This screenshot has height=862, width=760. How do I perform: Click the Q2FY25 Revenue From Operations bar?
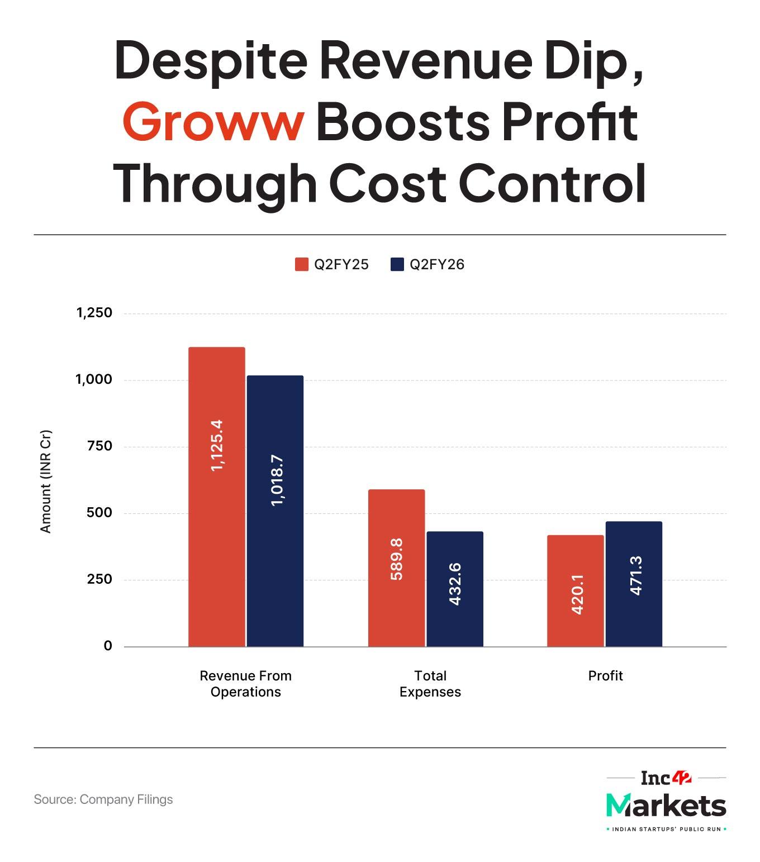pos(216,497)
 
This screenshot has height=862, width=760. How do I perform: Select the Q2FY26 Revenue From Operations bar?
pos(275,511)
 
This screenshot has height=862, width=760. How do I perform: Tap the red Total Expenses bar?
pos(396,568)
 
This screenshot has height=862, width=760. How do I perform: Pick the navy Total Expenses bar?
pos(455,589)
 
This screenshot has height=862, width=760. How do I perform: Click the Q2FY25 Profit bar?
pos(575,590)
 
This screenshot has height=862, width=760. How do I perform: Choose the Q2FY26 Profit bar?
pos(634,584)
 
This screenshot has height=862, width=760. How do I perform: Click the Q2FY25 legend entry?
pos(332,264)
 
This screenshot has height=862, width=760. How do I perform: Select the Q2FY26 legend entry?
pos(427,264)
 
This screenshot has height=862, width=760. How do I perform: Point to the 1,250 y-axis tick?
pos(94,313)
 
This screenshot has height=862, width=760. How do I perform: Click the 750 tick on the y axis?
pos(100,446)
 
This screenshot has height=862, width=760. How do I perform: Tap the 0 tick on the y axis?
pos(108,646)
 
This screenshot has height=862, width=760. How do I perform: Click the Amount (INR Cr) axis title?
pos(46,481)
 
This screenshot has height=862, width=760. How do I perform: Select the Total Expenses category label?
pos(430,684)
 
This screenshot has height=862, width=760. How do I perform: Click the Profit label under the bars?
pos(605,676)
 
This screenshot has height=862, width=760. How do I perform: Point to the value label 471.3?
pos(636,575)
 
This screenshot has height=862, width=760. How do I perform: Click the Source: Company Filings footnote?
pos(103,799)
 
